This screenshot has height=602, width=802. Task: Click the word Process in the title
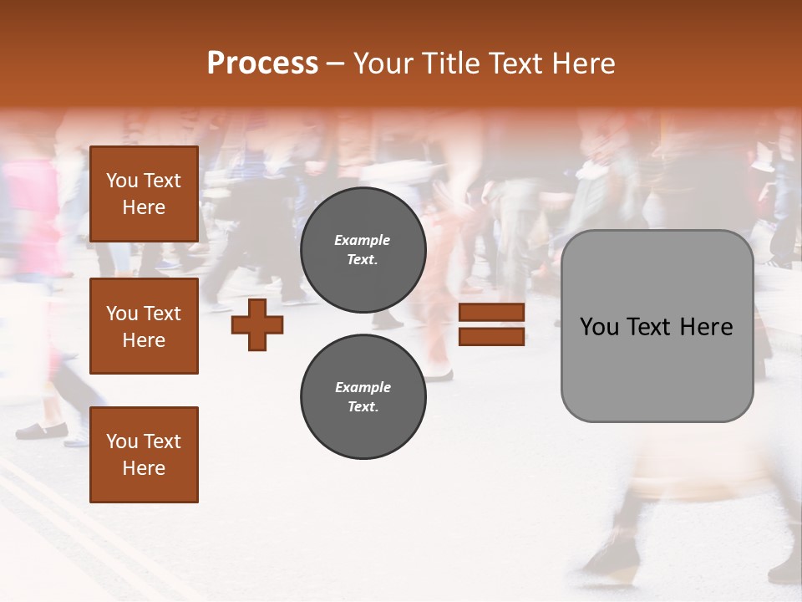(x=262, y=64)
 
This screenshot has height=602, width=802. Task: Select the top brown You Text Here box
(x=144, y=194)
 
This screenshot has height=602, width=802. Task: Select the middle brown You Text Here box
(x=144, y=326)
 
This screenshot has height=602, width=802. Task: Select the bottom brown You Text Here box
(x=144, y=455)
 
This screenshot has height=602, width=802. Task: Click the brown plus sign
(x=257, y=324)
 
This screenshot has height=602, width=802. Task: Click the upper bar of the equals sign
(x=491, y=313)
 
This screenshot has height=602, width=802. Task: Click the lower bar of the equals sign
(x=491, y=337)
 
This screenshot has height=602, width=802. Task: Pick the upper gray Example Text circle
(x=363, y=250)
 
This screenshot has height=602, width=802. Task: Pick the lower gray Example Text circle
(x=363, y=396)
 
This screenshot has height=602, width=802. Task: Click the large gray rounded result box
(x=657, y=368)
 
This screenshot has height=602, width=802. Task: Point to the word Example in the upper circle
(x=363, y=241)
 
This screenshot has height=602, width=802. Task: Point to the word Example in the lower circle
(x=363, y=387)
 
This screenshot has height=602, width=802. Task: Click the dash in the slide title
(x=336, y=64)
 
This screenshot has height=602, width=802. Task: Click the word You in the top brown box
(x=122, y=181)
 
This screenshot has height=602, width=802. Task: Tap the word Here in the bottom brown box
(x=144, y=468)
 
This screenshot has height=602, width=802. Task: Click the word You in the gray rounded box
(x=599, y=327)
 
